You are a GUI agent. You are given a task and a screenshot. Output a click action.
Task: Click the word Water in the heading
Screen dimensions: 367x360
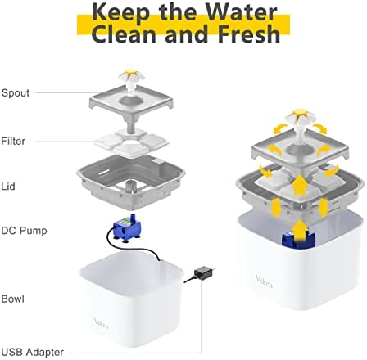[x=241, y=12]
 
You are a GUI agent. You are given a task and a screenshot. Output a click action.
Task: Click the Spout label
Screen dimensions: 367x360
[x=16, y=93]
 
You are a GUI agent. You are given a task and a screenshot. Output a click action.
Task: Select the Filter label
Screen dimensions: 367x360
[x=13, y=141]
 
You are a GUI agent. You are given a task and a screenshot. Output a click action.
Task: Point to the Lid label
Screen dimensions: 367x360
[x=8, y=187]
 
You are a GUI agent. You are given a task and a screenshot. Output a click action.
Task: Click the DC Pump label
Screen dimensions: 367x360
[x=24, y=231]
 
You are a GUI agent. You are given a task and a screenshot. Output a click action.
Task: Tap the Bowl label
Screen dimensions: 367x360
[x=13, y=299]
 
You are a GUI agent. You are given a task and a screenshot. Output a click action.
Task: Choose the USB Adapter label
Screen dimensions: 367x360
[x=33, y=352]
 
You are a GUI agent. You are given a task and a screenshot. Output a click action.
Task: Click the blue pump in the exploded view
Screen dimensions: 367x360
[x=127, y=228]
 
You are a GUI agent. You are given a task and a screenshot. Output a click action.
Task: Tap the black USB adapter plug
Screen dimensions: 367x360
[x=202, y=273]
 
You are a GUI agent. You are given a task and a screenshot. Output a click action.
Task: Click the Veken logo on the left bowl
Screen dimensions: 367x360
[x=101, y=323]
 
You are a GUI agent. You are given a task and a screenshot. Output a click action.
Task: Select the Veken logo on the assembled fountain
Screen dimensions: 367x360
[x=264, y=281]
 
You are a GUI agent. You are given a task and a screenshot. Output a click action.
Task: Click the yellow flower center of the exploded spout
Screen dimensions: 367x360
[x=131, y=72]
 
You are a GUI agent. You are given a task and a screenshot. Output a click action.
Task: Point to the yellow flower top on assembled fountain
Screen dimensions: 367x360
[x=300, y=112]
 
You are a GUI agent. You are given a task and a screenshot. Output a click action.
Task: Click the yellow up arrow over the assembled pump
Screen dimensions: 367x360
[x=300, y=231]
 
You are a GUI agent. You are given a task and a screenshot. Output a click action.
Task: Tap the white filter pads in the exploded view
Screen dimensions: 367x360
[x=132, y=142]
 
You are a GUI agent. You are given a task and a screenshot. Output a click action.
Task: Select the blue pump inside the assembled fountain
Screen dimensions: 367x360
[x=298, y=240]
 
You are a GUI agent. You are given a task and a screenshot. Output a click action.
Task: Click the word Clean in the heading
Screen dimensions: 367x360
[x=125, y=34]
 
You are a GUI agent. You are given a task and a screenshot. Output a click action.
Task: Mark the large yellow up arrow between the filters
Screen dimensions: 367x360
[x=300, y=186]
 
